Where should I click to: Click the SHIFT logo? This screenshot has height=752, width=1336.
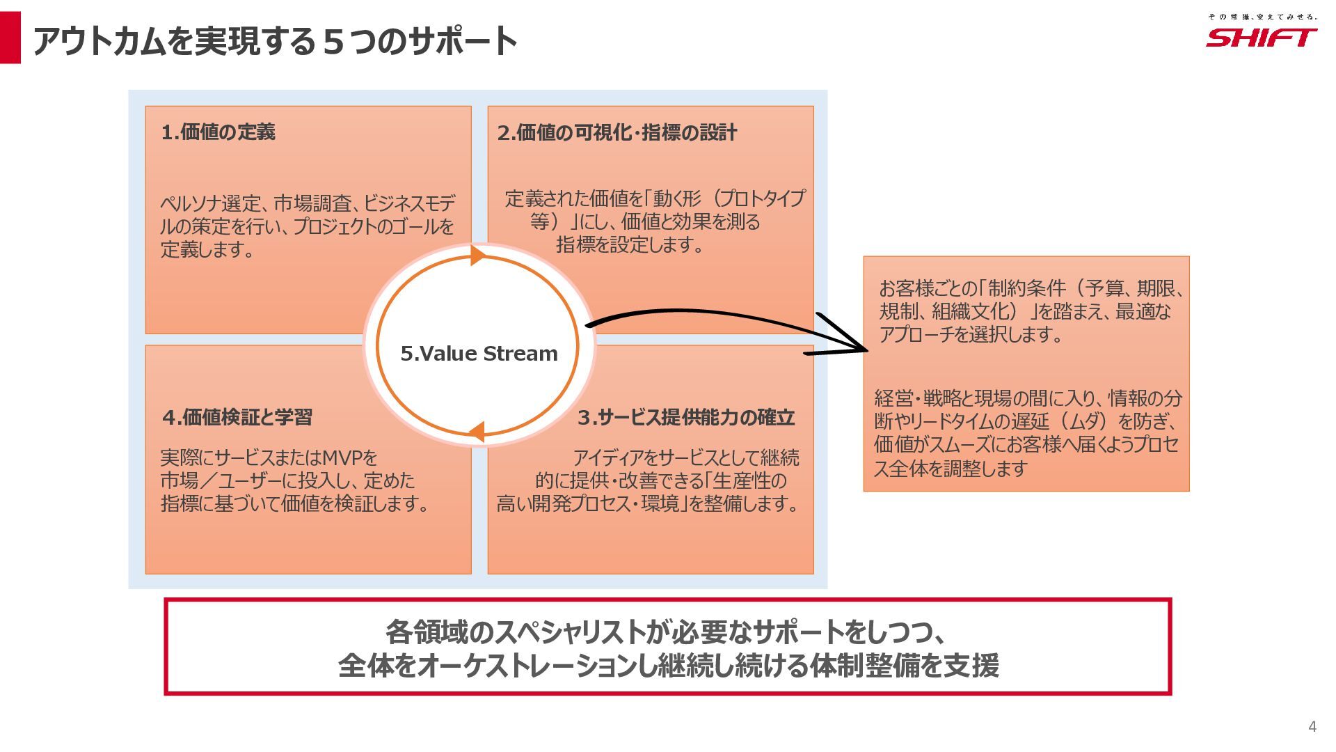click(x=1261, y=38)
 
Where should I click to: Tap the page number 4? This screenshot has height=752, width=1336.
click(x=1312, y=727)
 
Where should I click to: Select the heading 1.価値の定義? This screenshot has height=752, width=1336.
click(x=218, y=132)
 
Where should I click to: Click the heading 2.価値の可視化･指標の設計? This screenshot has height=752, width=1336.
click(x=617, y=133)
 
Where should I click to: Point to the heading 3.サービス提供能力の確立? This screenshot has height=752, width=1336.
click(x=686, y=418)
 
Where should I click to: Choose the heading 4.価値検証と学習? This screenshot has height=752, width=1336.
click(x=238, y=418)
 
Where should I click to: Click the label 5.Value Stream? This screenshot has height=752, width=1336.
click(x=479, y=354)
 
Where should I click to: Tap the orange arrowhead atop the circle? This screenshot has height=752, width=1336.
click(x=478, y=255)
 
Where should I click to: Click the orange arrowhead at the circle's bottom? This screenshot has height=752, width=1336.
click(x=477, y=432)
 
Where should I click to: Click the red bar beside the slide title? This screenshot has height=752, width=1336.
click(x=10, y=38)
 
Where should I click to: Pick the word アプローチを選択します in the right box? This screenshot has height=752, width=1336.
click(x=971, y=335)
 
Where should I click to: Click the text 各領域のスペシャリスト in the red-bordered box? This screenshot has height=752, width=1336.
click(x=515, y=632)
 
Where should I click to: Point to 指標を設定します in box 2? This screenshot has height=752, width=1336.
click(x=630, y=245)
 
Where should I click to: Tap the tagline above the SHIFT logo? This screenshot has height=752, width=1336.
click(x=1262, y=17)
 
